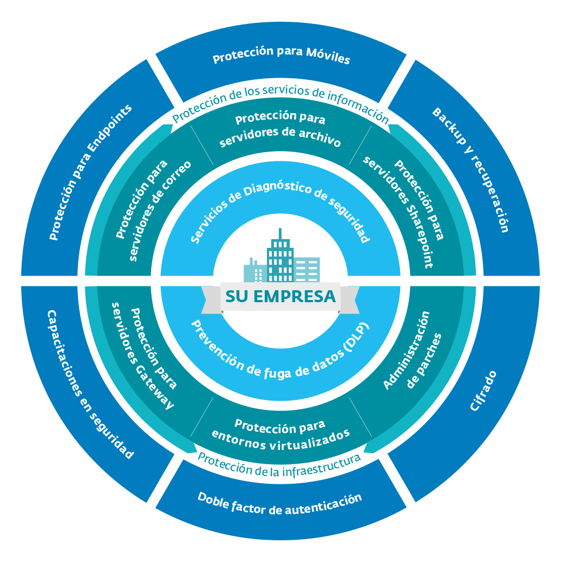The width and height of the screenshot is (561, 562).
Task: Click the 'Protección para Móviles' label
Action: (281, 55)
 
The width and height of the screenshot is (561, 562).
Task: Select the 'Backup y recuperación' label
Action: (471, 169)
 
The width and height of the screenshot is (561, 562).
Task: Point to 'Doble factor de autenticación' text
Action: (279, 503)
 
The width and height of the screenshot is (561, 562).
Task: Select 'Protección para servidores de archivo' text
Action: (280, 130)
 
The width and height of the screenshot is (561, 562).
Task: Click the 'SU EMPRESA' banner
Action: (280, 297)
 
